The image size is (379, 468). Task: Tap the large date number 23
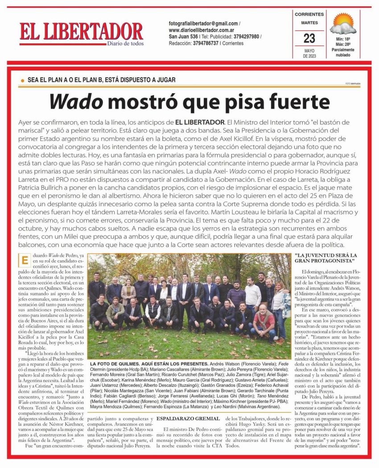pos(309,38)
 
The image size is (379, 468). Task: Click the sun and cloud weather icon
pos(344,25)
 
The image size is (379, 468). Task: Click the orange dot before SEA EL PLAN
pos(22,80)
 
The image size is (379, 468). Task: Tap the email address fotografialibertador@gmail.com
pos(203,23)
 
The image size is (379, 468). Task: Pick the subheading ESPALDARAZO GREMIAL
pos(188,419)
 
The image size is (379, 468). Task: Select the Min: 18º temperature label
pos(343,40)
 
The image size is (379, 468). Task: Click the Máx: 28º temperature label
pos(343,45)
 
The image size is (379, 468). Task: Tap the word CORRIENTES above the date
pos(309,15)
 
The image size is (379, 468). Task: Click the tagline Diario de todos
pos(125,43)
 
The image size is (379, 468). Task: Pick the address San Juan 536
pos(183,37)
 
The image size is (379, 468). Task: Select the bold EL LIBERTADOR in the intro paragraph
pos(199,122)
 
